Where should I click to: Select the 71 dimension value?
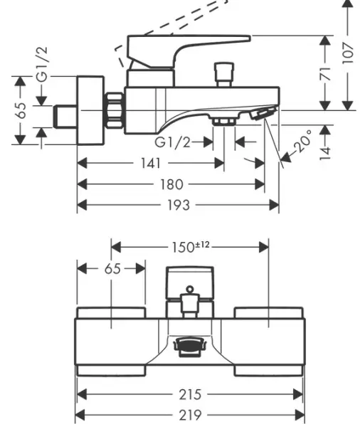[324, 73]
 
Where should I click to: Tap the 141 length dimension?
[151, 164]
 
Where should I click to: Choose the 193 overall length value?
[177, 205]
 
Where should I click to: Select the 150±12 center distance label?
[191, 247]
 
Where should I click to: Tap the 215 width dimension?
[190, 394]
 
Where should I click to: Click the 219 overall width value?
[190, 415]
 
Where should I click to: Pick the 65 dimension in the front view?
[112, 268]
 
